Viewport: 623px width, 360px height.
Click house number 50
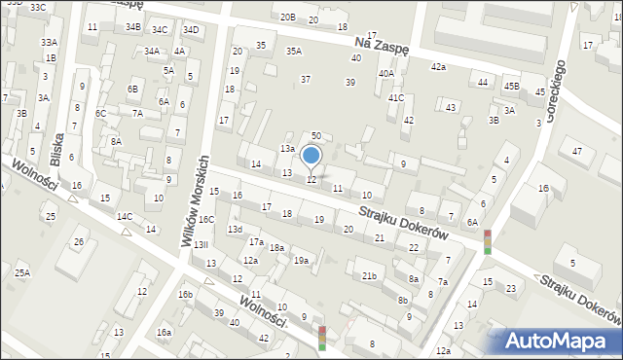(x=315, y=136)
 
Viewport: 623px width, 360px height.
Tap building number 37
(x=306, y=79)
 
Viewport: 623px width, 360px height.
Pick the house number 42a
(x=438, y=66)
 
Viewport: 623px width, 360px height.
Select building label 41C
(x=395, y=98)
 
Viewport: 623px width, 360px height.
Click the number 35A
(x=293, y=52)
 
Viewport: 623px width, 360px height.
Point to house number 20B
(x=287, y=18)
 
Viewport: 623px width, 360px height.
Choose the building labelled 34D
(x=191, y=29)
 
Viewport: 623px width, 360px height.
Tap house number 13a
(x=287, y=148)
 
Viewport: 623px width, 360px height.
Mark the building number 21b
(x=369, y=276)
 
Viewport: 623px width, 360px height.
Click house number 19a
(x=302, y=261)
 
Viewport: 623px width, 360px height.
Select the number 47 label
(x=577, y=151)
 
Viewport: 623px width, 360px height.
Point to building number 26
(x=80, y=241)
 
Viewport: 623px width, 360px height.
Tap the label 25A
(x=21, y=273)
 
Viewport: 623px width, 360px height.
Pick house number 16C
(x=207, y=220)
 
